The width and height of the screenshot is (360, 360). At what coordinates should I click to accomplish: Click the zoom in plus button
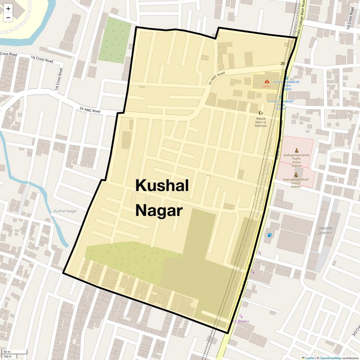click(x=8, y=8)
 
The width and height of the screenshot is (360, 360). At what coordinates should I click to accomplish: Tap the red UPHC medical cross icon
click(x=267, y=82)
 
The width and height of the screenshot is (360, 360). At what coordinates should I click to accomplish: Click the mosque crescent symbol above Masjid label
click(x=261, y=113)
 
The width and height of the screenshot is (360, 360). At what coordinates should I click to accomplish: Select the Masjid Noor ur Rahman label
click(x=261, y=122)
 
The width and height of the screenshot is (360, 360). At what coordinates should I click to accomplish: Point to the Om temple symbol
click(x=282, y=63)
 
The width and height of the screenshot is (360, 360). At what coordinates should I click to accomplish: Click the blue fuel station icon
click(x=269, y=235)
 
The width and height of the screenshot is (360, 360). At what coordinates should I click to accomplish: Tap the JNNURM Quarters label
click(x=325, y=230)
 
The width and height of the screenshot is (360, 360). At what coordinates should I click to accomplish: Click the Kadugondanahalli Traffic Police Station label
click(x=296, y=160)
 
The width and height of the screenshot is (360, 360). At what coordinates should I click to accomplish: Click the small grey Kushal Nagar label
click(x=65, y=211)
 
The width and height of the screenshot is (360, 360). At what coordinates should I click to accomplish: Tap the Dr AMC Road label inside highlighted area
click(x=217, y=78)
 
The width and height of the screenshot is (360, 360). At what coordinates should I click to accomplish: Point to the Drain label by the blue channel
click(x=51, y=13)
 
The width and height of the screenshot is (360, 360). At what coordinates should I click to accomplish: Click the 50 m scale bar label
click(x=7, y=352)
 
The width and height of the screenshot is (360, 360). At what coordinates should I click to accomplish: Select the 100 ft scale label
click(x=8, y=356)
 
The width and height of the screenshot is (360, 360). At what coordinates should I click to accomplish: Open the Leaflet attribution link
click(x=310, y=358)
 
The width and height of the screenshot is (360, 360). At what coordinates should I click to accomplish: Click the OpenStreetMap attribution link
click(x=330, y=358)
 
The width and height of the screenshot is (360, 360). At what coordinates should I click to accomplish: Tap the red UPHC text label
click(x=267, y=87)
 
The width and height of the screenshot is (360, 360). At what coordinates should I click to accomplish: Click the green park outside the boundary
click(x=114, y=39)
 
